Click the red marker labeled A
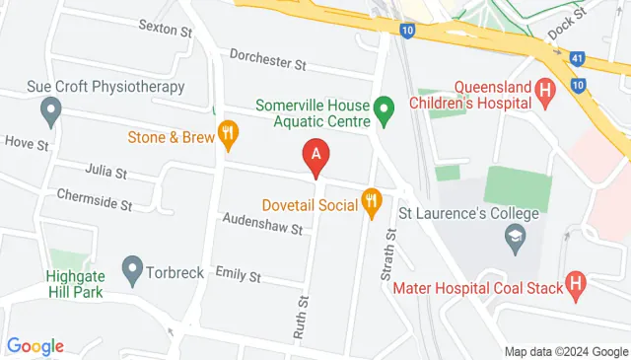[x=315, y=156]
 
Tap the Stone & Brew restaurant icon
[x=229, y=135]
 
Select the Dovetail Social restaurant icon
[x=372, y=202]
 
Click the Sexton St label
[x=165, y=31]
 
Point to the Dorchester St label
[x=268, y=61]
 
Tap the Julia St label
[x=105, y=173]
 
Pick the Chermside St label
[x=94, y=203]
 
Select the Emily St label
[x=238, y=276]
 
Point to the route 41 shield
[x=575, y=59]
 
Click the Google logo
[x=35, y=346]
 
